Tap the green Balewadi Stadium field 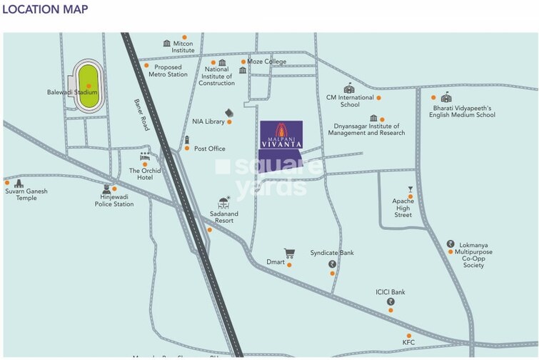(89, 86)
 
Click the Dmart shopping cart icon (289, 253)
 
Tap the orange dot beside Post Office (187, 149)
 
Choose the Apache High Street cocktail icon (410, 189)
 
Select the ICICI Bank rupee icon (391, 302)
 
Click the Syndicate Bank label (332, 253)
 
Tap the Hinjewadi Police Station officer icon (106, 189)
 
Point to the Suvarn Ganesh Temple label (21, 195)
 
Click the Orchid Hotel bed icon (146, 155)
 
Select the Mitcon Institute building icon (167, 44)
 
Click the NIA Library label (208, 122)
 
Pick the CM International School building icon (348, 89)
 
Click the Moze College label (266, 61)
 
